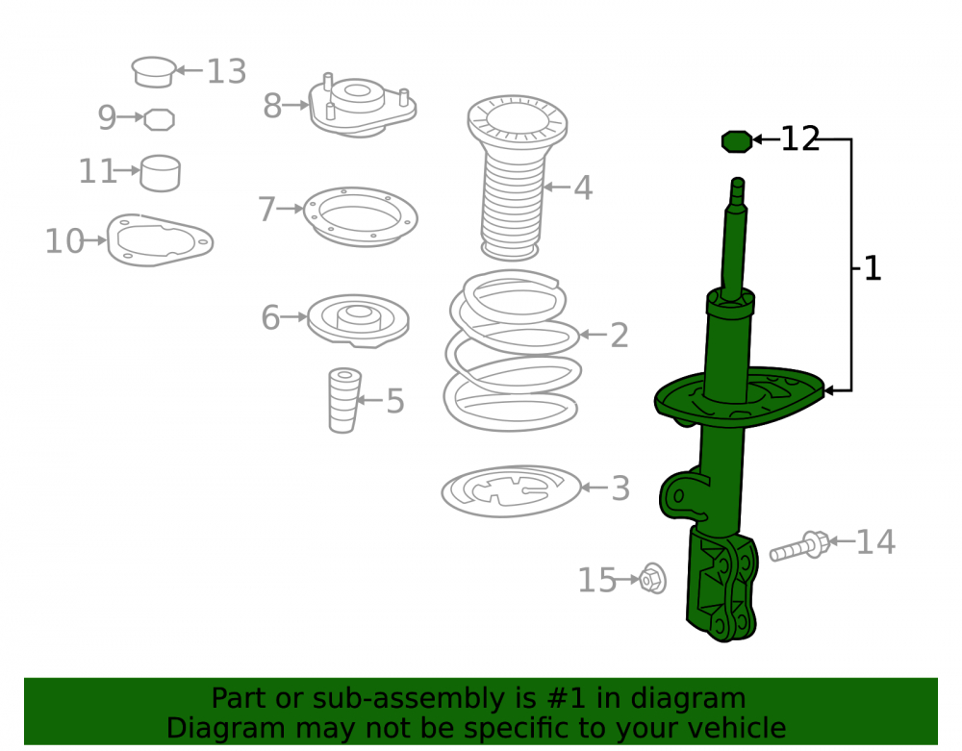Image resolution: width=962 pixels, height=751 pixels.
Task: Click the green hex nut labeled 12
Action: (x=737, y=141)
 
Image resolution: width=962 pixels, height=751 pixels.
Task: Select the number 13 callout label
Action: (x=226, y=72)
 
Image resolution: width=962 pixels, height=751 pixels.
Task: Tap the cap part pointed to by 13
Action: (x=153, y=72)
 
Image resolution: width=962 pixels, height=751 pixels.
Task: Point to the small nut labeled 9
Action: (x=159, y=119)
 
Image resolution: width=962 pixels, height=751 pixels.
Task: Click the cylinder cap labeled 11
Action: (x=160, y=173)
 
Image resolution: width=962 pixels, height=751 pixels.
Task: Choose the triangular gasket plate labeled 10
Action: (x=160, y=240)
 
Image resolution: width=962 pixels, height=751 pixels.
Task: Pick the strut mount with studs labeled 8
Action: (x=363, y=109)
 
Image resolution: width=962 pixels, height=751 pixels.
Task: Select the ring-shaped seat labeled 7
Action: (x=361, y=216)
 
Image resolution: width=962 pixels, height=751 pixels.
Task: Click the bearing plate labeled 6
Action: (x=358, y=320)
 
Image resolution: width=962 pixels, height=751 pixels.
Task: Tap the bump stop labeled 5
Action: (x=343, y=400)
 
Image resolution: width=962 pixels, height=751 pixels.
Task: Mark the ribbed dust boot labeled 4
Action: (x=517, y=178)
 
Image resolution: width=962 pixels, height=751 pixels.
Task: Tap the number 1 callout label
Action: (x=872, y=268)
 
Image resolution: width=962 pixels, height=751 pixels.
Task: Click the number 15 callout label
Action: (x=597, y=580)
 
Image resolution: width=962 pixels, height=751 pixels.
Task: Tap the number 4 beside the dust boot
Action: (x=584, y=188)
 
